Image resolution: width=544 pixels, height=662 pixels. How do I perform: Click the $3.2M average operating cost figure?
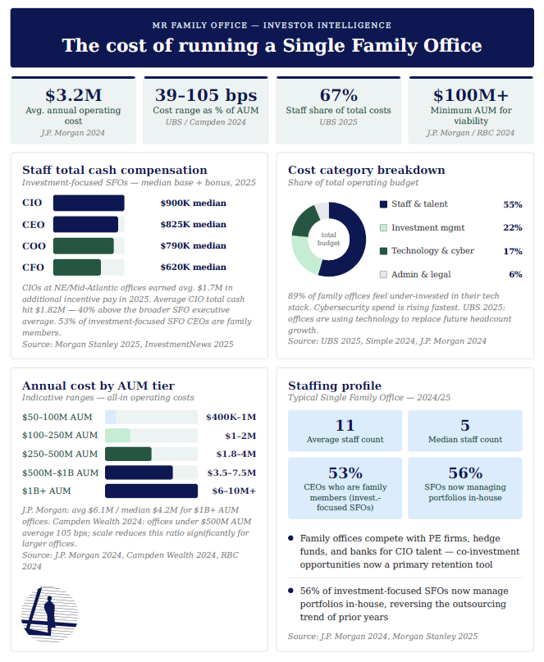click(73, 94)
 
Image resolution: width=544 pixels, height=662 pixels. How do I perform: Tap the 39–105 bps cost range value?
click(205, 94)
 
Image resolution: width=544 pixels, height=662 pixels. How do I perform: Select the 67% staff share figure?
click(338, 94)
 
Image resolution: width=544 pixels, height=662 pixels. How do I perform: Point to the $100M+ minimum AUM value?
click(470, 94)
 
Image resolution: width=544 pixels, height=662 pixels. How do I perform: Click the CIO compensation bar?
click(89, 203)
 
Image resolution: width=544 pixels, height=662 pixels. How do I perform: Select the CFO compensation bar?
click(77, 267)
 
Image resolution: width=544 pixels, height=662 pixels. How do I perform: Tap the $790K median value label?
click(193, 246)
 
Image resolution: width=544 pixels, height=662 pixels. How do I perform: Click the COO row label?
click(33, 246)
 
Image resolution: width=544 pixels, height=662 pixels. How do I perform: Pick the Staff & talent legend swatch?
click(383, 204)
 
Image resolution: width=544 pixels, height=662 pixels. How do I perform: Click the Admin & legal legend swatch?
click(383, 275)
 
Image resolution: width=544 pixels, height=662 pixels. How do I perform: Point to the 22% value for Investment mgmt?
click(512, 228)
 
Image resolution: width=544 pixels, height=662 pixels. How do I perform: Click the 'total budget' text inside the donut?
click(329, 239)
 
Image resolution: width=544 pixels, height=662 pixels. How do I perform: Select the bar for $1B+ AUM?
click(151, 491)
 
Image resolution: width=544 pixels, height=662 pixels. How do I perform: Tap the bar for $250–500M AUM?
click(128, 454)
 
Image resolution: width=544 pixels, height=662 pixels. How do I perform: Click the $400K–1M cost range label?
click(232, 417)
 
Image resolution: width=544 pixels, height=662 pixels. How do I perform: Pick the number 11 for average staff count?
click(345, 425)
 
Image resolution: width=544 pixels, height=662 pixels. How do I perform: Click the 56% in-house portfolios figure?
click(465, 473)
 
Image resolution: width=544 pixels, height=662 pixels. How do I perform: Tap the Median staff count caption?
click(465, 440)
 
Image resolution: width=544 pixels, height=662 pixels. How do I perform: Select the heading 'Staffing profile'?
click(335, 386)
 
